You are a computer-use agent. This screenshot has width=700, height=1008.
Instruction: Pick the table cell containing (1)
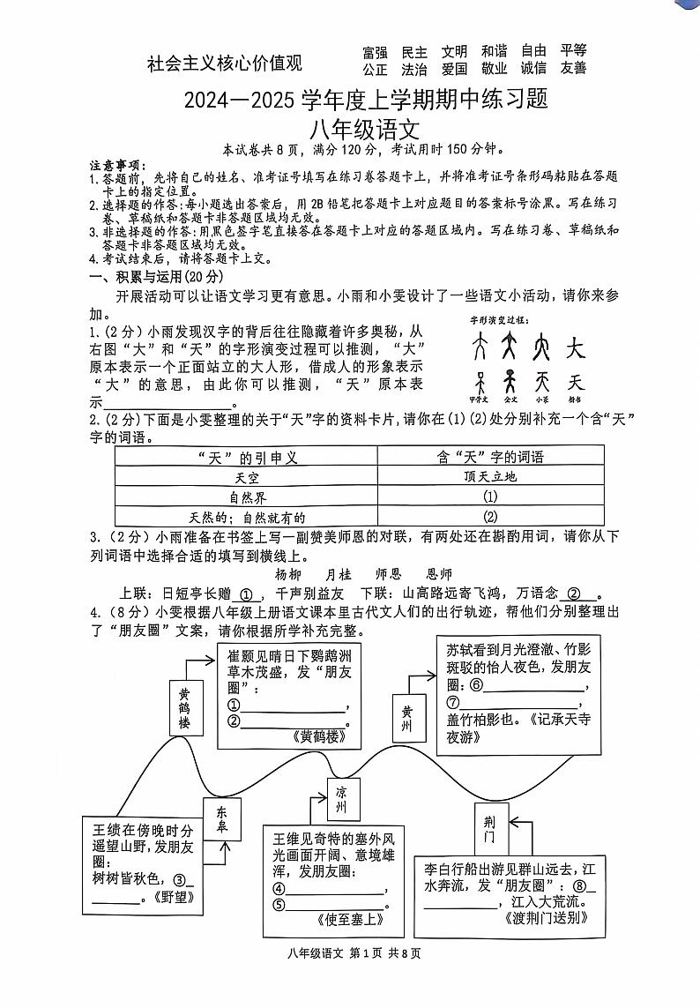pos(491,497)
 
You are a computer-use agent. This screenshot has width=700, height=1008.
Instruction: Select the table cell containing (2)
pos(491,517)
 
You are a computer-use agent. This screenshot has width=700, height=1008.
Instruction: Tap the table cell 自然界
pos(247,497)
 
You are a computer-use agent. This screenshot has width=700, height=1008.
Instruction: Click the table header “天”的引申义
pos(247,456)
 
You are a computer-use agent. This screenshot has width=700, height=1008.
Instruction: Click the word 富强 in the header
pos(375,52)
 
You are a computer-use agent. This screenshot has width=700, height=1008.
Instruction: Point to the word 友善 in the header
pos(573,69)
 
